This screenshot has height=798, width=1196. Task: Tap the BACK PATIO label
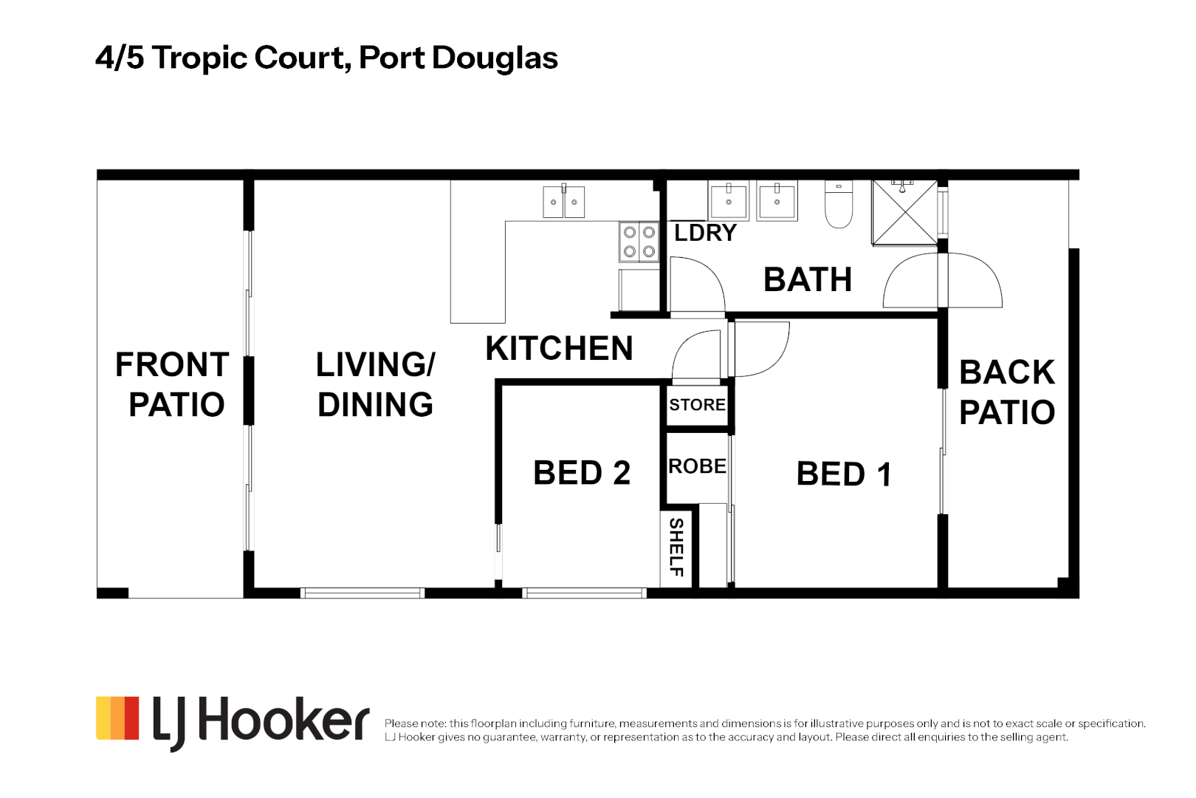coord(1006,392)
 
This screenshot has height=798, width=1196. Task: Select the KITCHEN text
coord(559,349)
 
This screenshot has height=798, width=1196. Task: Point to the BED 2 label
coord(582,473)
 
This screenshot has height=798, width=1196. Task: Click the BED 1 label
coord(844,474)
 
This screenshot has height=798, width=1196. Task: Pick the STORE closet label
coord(697,405)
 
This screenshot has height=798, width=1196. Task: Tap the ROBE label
coord(697,466)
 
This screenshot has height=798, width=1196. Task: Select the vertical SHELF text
coord(676,547)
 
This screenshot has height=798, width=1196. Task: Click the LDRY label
coord(705,233)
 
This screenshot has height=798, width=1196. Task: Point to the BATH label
coord(808,280)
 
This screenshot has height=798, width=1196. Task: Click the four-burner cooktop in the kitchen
coord(639,242)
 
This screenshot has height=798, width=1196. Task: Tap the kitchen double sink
coord(564,202)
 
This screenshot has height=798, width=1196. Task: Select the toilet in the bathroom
coord(839,205)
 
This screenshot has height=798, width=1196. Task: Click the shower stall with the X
coord(904,212)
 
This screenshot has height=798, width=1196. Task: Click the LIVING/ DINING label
coord(375,385)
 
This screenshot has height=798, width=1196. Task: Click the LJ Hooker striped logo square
coord(117,717)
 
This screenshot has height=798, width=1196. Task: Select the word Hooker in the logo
coord(283,720)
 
